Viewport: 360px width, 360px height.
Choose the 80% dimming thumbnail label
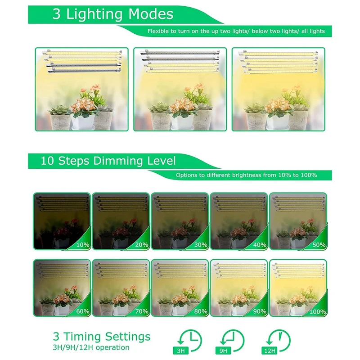pos(200,311)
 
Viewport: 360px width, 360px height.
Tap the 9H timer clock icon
pos(231,340)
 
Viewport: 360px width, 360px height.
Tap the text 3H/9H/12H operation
pos(91,347)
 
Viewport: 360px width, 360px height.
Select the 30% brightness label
pos(200,245)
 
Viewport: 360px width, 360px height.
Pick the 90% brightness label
pos(259,311)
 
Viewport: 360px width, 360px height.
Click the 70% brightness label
pos(141,311)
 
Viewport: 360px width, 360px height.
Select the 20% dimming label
pos(141,245)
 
